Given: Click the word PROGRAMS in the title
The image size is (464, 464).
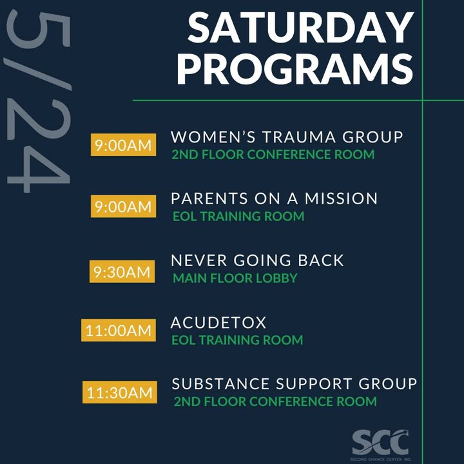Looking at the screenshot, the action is (295, 70).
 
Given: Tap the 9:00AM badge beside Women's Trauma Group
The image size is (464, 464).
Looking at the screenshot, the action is (123, 145).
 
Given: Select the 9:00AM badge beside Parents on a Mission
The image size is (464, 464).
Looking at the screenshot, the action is (123, 206).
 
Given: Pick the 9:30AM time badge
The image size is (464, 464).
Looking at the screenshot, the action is (122, 271).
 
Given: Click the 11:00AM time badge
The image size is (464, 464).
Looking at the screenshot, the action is (119, 330).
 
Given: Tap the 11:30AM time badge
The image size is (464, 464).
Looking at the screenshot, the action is (120, 392).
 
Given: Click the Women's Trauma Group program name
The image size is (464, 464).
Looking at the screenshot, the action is (287, 137).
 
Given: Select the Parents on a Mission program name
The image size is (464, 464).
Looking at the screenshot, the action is (274, 198).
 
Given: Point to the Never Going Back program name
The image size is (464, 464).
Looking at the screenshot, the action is (257, 260).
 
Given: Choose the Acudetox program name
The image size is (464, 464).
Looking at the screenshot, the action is (218, 322).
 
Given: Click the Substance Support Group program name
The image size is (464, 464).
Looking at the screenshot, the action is (294, 384).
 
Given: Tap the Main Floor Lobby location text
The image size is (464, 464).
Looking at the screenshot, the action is (235, 278).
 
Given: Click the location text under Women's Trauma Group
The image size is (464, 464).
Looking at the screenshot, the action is (273, 155).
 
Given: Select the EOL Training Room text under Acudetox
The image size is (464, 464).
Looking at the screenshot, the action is (237, 340).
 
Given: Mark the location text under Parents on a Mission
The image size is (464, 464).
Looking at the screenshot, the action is (238, 217).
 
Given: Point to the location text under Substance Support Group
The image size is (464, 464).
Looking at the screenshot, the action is (275, 401).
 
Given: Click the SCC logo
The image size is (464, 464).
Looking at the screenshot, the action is (381, 445).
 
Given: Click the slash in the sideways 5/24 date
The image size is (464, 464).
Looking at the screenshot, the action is (37, 74).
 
